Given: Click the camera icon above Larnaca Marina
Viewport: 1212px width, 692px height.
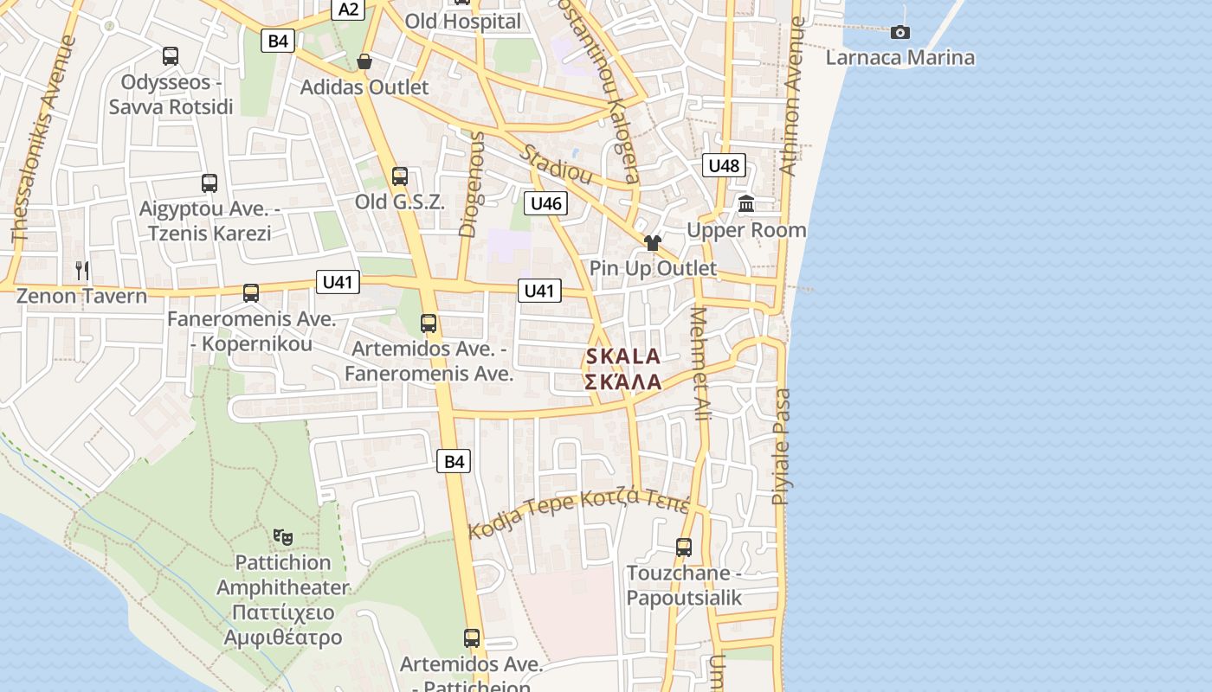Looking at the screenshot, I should (900, 32).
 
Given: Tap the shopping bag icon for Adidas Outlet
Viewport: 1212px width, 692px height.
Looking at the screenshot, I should (364, 61).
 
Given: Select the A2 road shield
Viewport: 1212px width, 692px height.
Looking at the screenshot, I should (348, 10).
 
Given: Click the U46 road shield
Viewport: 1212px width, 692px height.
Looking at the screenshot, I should (545, 203).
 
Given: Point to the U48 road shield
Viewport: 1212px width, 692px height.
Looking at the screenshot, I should (724, 165).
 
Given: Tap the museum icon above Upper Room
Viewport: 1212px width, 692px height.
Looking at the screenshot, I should (746, 204).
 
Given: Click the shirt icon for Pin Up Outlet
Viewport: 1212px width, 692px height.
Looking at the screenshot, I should (653, 242).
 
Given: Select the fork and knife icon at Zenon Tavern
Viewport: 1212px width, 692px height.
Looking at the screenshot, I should (82, 270).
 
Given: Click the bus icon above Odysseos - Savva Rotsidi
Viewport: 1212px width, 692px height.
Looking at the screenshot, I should (171, 56).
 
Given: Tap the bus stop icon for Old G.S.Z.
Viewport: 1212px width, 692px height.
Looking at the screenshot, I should (399, 176).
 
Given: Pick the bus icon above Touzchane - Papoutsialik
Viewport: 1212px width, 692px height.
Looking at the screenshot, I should (684, 547).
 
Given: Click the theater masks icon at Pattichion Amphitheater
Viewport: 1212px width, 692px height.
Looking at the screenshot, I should (282, 536).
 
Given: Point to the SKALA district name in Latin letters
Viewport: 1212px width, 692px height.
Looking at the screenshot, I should (623, 356).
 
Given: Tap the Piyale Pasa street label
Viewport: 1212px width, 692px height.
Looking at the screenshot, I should (782, 446).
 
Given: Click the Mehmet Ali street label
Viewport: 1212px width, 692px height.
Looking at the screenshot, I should (699, 363).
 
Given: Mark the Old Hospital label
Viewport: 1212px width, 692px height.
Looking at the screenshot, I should (463, 22).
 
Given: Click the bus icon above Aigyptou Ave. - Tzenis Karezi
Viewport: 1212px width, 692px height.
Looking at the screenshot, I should (210, 183).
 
